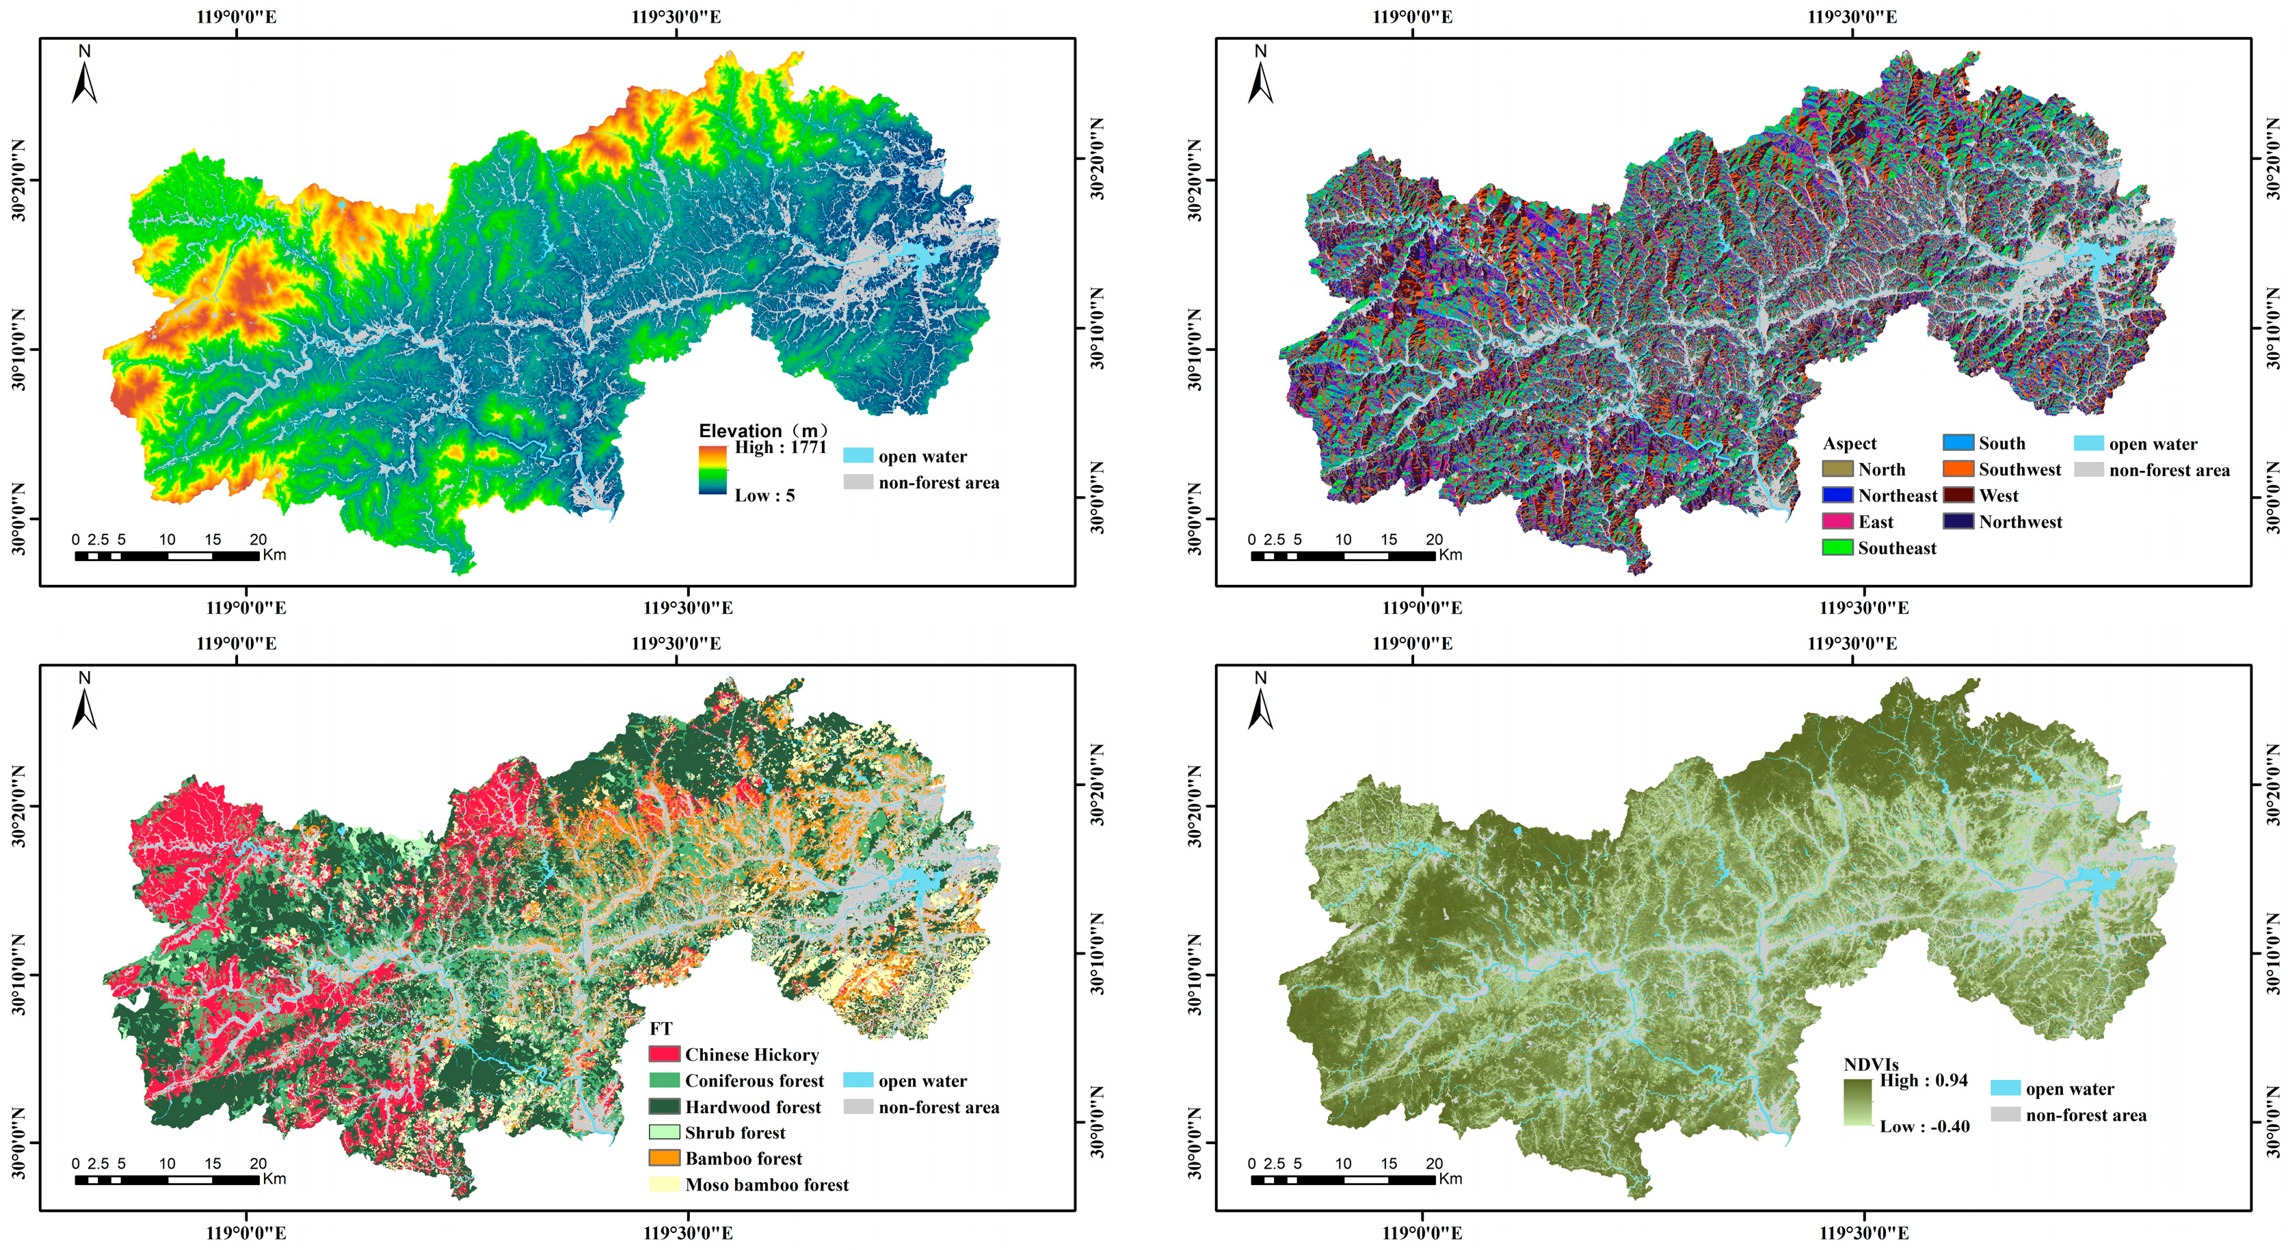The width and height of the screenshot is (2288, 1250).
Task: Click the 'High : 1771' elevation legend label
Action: (x=779, y=447)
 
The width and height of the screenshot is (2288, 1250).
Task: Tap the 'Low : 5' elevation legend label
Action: (x=764, y=496)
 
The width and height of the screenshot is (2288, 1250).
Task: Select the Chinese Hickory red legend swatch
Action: (x=665, y=1054)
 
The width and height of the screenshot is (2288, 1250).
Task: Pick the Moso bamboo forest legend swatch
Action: (x=665, y=1184)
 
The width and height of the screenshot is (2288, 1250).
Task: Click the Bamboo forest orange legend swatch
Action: (x=665, y=1158)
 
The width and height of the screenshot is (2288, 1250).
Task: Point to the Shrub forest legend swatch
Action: (x=665, y=1133)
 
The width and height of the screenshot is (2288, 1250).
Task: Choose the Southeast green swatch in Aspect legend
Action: (x=1837, y=548)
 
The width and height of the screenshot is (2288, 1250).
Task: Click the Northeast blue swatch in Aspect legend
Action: (x=1837, y=496)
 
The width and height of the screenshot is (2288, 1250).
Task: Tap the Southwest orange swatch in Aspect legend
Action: (x=1958, y=469)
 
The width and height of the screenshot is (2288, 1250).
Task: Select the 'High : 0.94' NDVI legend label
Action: (x=1923, y=1080)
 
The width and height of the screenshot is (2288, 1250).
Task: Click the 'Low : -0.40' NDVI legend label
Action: (x=1924, y=1127)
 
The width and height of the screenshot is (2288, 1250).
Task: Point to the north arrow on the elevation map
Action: (x=84, y=78)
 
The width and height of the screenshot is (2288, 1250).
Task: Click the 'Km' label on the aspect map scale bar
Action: (x=1450, y=556)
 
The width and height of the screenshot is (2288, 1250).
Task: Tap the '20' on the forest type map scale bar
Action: (x=258, y=1164)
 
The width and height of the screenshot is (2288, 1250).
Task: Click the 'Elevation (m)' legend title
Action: (x=764, y=431)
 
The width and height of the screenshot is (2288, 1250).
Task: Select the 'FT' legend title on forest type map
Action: (x=661, y=1029)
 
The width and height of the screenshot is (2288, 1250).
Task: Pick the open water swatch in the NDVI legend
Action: (x=2006, y=1089)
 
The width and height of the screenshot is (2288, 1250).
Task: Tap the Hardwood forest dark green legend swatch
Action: (x=665, y=1107)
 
